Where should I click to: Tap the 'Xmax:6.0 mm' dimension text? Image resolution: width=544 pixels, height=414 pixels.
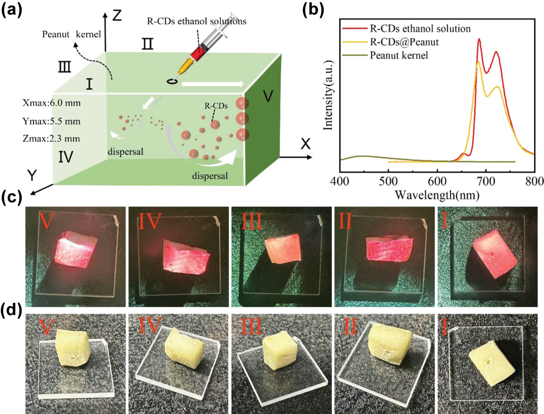coord(52,103)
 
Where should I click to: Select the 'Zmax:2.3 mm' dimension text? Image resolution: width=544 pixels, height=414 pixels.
coord(52,139)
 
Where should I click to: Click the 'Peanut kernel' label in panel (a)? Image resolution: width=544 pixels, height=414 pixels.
coord(71,34)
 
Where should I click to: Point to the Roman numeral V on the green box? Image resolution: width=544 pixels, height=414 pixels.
coord(268,96)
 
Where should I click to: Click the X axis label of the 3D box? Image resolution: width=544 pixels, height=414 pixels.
coord(305,144)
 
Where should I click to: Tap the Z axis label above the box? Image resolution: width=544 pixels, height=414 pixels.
coord(117,16)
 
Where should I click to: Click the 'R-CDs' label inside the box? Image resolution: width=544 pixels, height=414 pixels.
coord(216,106)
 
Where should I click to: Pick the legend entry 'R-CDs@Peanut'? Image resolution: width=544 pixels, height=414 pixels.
coord(404,42)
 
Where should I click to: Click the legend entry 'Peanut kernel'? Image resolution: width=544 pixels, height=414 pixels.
coord(398,55)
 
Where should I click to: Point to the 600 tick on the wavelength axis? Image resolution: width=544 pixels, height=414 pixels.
coord(437,181)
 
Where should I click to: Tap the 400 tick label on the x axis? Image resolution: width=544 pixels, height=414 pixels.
coord(339,181)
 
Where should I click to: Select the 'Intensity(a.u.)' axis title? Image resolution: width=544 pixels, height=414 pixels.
coord(328,95)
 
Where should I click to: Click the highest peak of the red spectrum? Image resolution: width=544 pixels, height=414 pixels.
coord(479,39)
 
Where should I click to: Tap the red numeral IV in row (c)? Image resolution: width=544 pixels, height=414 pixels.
coord(149,222)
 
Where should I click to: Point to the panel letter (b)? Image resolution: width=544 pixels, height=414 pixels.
coord(313,10)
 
